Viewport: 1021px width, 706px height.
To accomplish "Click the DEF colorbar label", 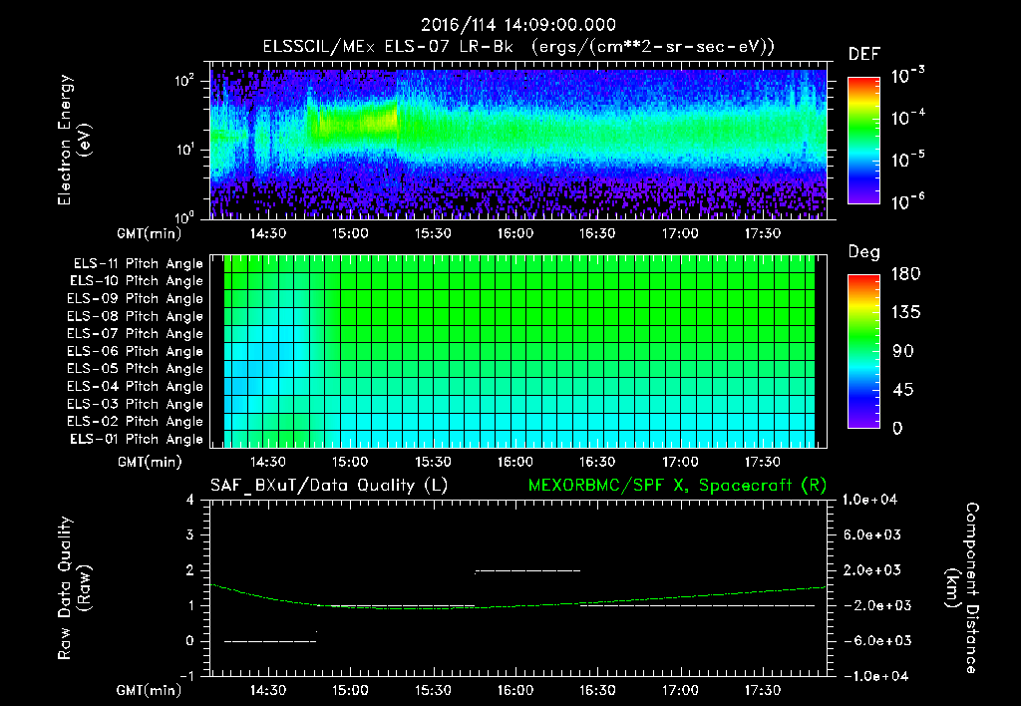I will tap(863, 54).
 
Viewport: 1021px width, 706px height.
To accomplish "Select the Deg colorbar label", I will tap(863, 252).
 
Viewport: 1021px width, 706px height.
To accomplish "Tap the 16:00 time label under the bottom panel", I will tap(513, 690).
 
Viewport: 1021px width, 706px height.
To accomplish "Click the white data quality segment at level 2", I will tap(527, 570).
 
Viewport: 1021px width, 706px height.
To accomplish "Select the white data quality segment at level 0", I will tap(270, 641).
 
